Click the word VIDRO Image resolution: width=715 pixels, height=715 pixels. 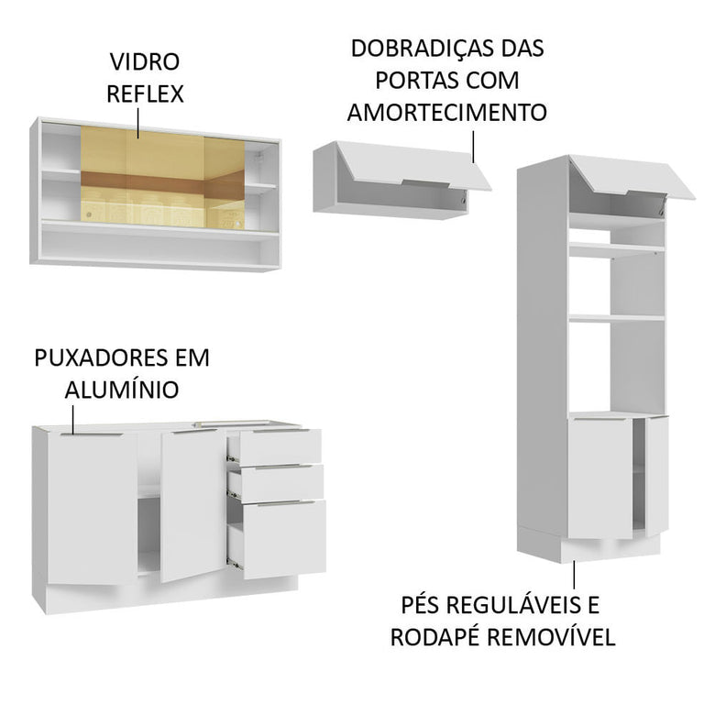[x=145, y=62]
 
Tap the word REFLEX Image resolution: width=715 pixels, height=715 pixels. [x=145, y=93]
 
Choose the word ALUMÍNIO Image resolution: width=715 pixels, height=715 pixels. [x=122, y=390]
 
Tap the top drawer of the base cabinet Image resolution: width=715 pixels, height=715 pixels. [x=280, y=447]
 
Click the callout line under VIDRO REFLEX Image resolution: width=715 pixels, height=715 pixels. [x=138, y=123]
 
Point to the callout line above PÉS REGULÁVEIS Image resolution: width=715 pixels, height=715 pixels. [x=575, y=574]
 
